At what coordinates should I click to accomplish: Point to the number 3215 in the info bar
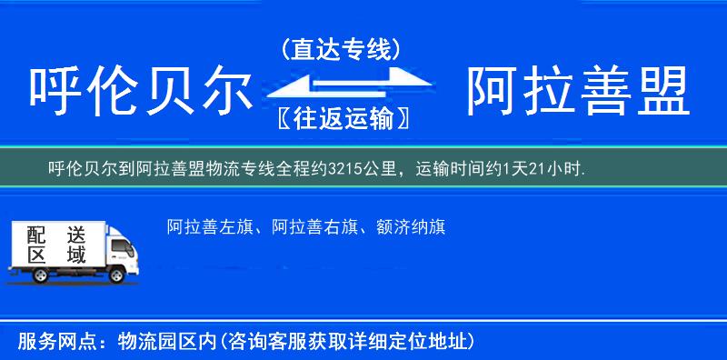click(344, 168)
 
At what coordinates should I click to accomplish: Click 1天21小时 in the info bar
click(548, 168)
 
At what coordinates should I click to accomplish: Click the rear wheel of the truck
click(27, 272)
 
